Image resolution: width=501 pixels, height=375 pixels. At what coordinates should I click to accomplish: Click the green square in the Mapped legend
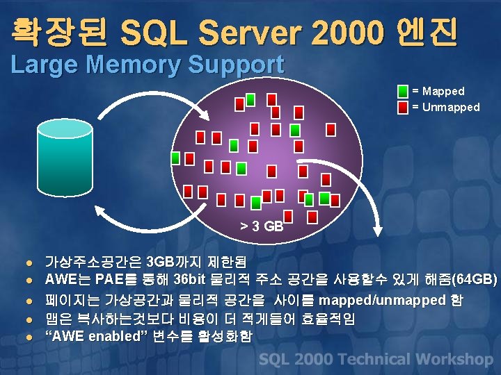(403, 92)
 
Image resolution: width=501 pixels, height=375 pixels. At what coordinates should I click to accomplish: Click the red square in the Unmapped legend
(403, 108)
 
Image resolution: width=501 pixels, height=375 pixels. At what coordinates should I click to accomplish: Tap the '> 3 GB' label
(262, 226)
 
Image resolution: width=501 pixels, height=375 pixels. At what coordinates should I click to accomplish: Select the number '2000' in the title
(347, 31)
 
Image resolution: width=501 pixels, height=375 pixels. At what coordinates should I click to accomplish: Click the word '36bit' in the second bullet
(190, 281)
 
